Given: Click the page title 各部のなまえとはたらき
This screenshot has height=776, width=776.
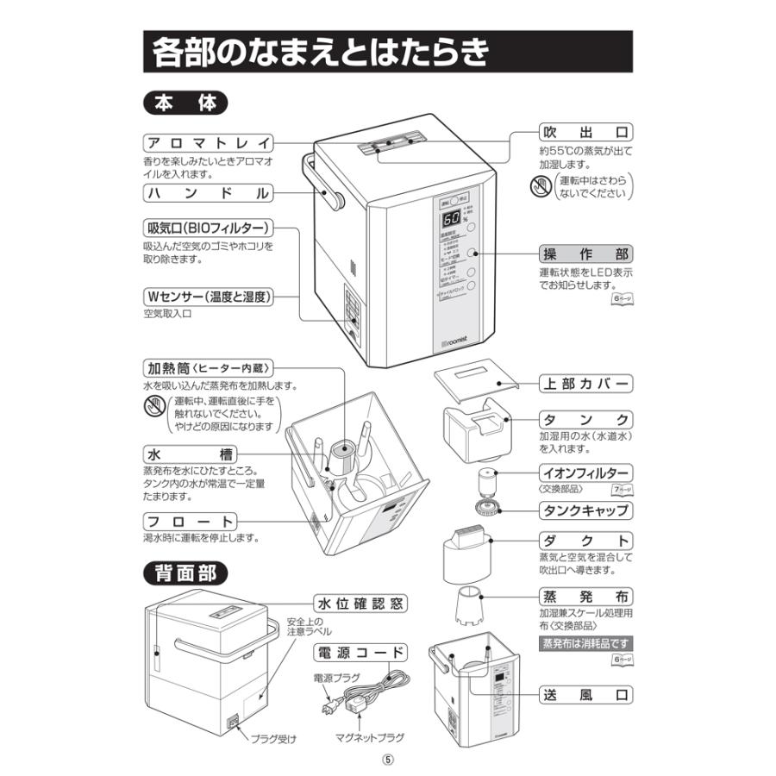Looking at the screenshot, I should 319,53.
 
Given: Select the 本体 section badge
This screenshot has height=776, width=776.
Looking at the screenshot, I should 185,103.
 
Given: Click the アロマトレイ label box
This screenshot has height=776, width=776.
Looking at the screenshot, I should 208,143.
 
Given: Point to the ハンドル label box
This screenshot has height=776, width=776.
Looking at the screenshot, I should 208,192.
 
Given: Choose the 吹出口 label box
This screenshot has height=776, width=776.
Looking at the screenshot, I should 585,134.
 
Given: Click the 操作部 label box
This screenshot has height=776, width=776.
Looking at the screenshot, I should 585,254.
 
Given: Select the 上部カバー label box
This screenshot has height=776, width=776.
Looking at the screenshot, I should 585,383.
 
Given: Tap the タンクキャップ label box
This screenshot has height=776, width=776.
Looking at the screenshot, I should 585,510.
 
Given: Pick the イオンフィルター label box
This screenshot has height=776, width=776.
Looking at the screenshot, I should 585,473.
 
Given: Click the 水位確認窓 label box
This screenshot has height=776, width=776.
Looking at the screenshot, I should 359,603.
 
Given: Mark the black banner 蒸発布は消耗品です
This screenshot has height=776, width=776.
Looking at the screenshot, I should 585,643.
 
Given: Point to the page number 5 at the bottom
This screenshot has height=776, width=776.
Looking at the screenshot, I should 388,760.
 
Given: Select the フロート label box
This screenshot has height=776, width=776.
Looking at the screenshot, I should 190,522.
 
